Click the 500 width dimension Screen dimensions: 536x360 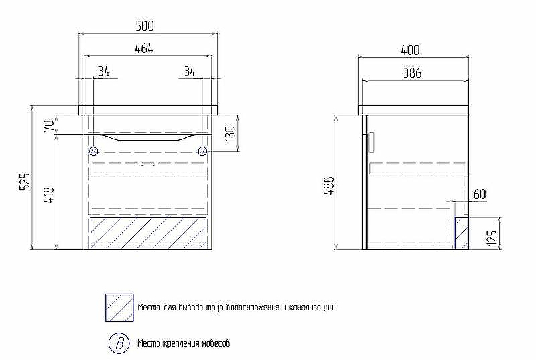pyautogui.click(x=145, y=26)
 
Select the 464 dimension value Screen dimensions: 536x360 pyautogui.click(x=144, y=48)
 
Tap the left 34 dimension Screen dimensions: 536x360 pyautogui.click(x=104, y=72)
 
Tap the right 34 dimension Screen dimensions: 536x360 pyautogui.click(x=190, y=72)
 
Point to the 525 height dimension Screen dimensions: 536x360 pyautogui.click(x=25, y=181)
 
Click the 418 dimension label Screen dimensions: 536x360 pyautogui.click(x=49, y=195)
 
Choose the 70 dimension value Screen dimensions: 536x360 pyautogui.click(x=49, y=125)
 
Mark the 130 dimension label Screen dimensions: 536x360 pyautogui.click(x=230, y=133)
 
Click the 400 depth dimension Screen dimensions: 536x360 pyautogui.click(x=410, y=50)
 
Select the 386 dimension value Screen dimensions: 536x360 pyautogui.click(x=412, y=73)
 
